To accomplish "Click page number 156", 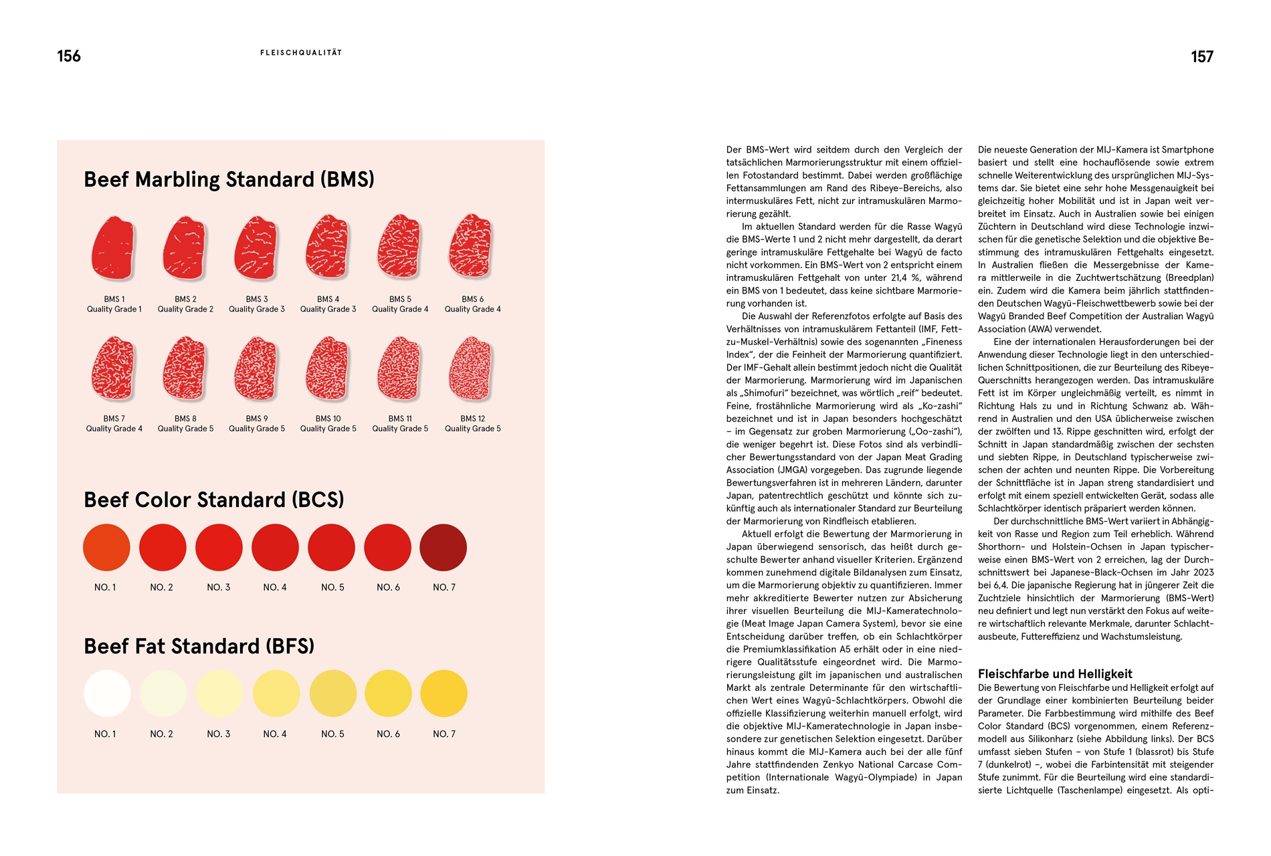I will click(x=69, y=56).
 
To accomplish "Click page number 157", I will click(x=1201, y=57).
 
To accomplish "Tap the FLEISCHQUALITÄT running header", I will click(x=301, y=53).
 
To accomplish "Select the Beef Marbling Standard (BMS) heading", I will click(x=229, y=179).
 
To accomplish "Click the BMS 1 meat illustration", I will click(x=114, y=248).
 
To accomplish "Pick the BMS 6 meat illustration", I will click(x=472, y=247).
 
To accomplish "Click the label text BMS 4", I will click(x=328, y=299).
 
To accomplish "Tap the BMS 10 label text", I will click(x=328, y=419).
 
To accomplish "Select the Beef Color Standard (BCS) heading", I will click(x=213, y=500).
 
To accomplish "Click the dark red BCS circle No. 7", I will click(x=443, y=548).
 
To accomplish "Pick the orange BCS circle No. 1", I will click(x=106, y=548).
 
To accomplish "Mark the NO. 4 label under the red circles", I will click(x=275, y=587).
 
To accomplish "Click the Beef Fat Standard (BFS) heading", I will click(x=199, y=646).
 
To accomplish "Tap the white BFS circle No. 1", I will click(x=107, y=693).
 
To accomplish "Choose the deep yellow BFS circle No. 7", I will click(x=444, y=693).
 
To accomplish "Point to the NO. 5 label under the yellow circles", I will click(x=332, y=734).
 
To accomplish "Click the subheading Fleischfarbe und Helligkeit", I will click(x=1054, y=673).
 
